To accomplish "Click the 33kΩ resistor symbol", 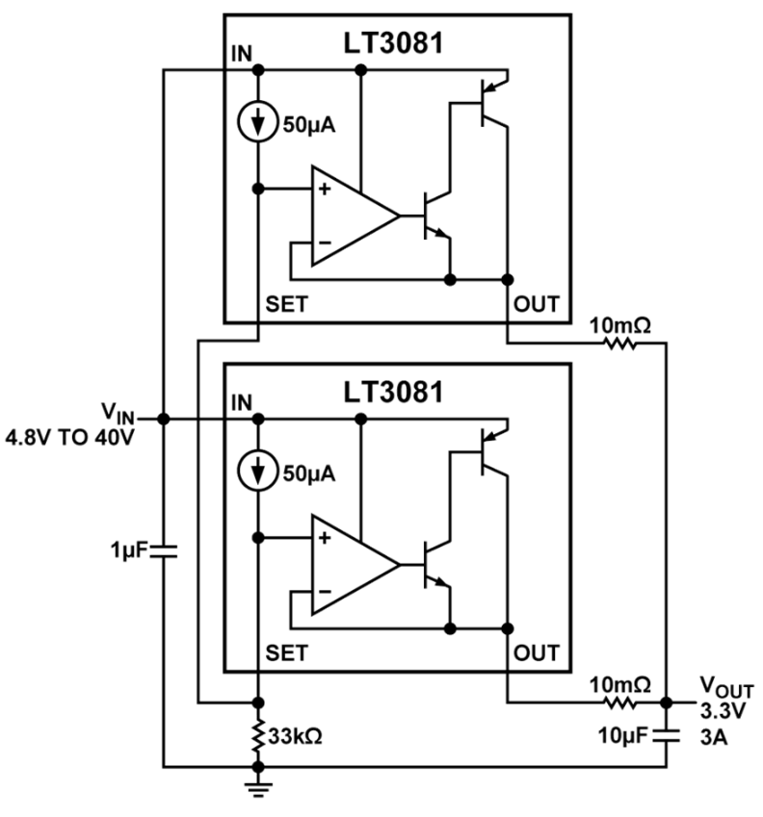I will [258, 735].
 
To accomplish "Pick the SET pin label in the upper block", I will [286, 305].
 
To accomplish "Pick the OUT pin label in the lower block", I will [536, 653].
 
